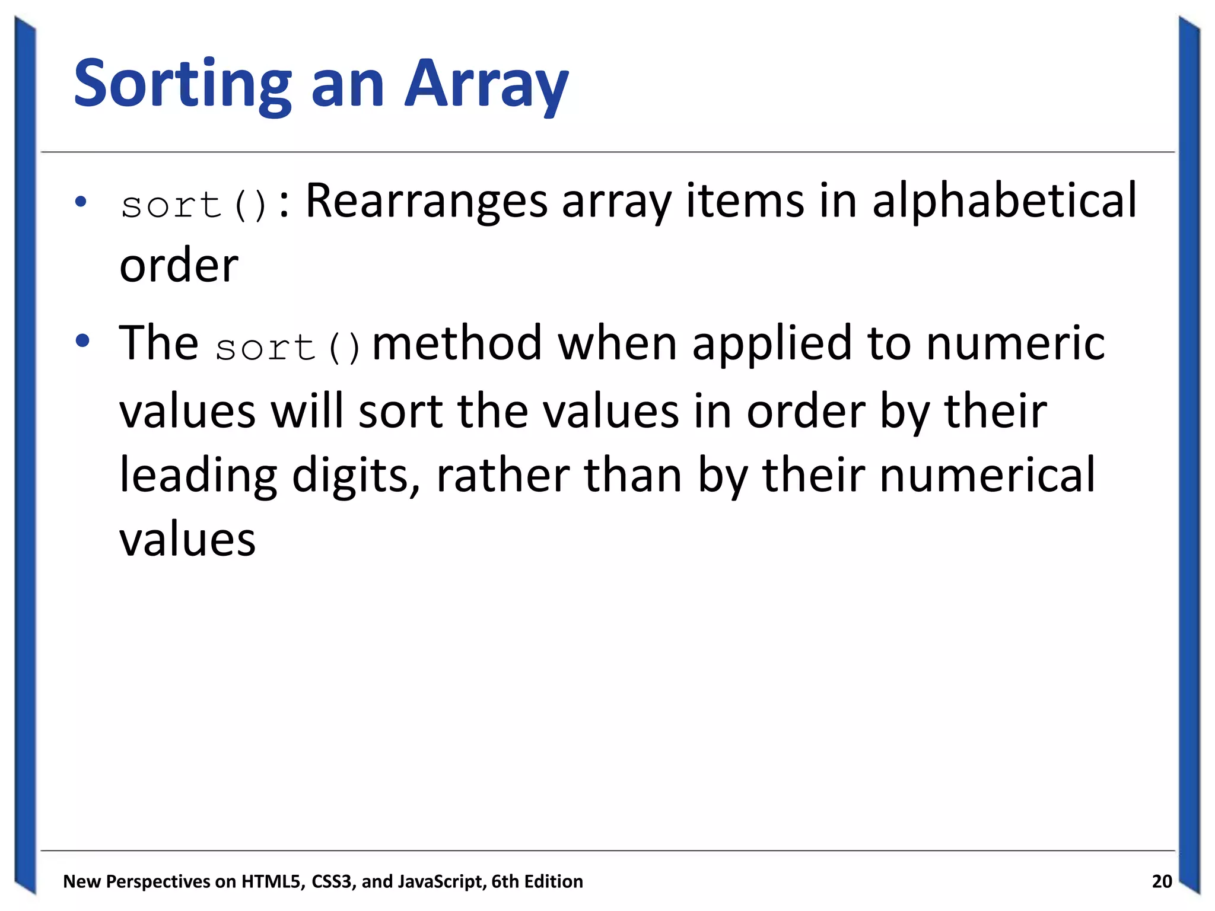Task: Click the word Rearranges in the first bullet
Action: [426, 202]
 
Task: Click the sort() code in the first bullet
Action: [195, 205]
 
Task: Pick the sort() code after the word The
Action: [288, 347]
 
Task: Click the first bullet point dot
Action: [81, 202]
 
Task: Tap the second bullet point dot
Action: [82, 340]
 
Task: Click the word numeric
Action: [1015, 344]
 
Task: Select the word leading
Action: [198, 476]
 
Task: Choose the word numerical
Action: [987, 476]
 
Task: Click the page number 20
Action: [1162, 881]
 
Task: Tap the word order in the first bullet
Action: [179, 266]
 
